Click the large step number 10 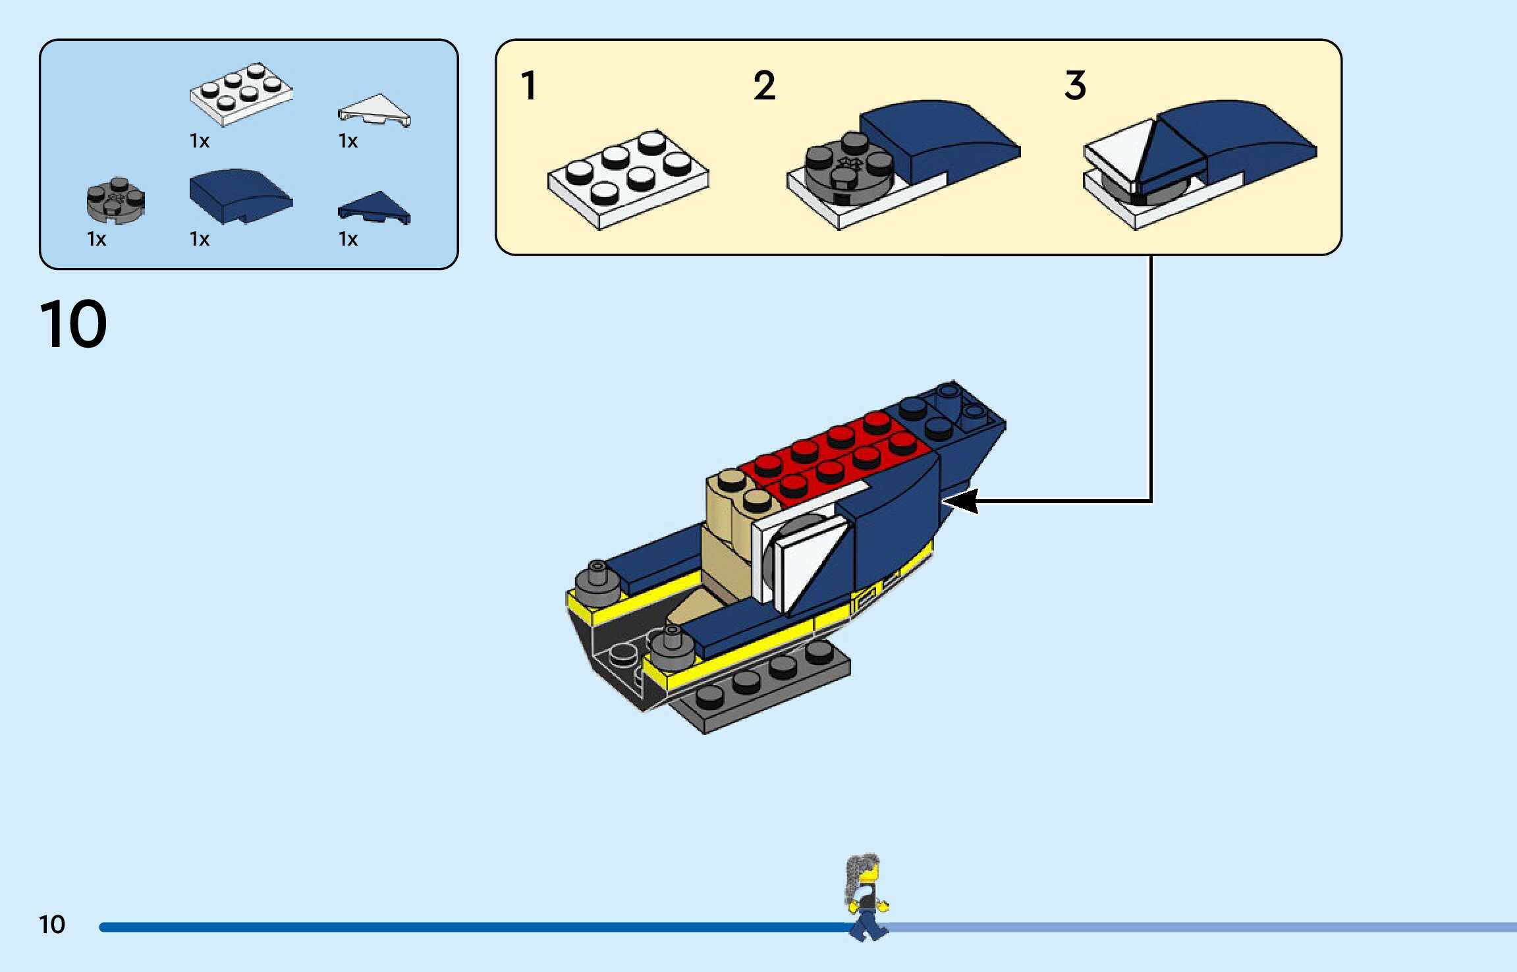pyautogui.click(x=73, y=324)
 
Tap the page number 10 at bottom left pyautogui.click(x=52, y=925)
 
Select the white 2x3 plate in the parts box pyautogui.click(x=241, y=94)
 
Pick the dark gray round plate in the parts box pyautogui.click(x=116, y=200)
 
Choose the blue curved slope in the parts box pyautogui.click(x=240, y=196)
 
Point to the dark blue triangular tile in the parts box pyautogui.click(x=375, y=207)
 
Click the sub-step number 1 pyautogui.click(x=528, y=86)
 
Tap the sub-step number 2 pyautogui.click(x=764, y=86)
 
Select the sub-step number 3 pyautogui.click(x=1075, y=86)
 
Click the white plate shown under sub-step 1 pyautogui.click(x=628, y=179)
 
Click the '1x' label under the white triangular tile pyautogui.click(x=348, y=141)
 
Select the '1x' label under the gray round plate pyautogui.click(x=96, y=239)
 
